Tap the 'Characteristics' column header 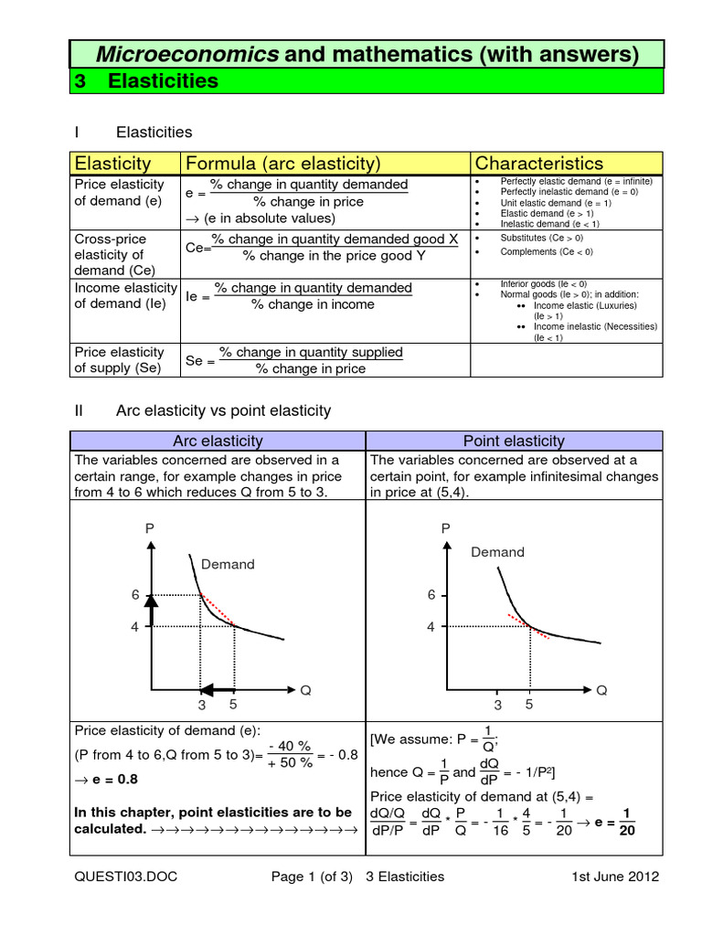coord(538,163)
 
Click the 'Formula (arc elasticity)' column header coord(282,163)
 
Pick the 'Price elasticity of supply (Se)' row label coord(119,359)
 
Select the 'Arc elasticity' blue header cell coord(218,441)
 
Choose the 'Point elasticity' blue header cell coord(514,441)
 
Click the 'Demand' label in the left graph coord(228,564)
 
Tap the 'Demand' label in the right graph coord(497,552)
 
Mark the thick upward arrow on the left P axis coord(154,611)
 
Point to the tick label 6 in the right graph coord(431,595)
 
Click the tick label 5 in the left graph coord(233,705)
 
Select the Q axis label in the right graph coord(601,691)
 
